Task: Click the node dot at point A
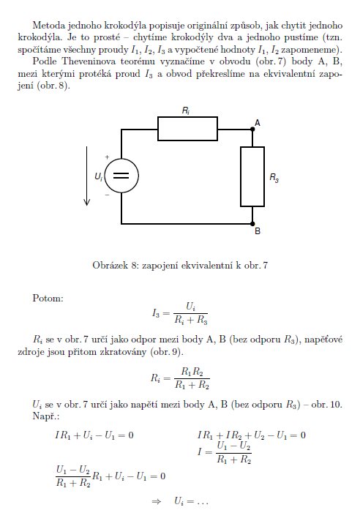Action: click(x=252, y=129)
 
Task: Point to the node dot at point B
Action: click(x=252, y=224)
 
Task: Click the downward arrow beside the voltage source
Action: click(x=86, y=176)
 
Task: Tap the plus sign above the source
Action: click(x=107, y=157)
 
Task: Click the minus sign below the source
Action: click(x=107, y=195)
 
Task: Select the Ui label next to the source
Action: click(x=99, y=176)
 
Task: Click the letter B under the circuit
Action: click(x=258, y=231)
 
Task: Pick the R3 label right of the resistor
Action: click(x=274, y=178)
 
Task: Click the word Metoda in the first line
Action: click(x=50, y=26)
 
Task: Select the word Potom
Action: click(x=48, y=298)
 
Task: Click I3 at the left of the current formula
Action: click(x=156, y=313)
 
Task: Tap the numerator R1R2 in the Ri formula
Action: click(x=192, y=372)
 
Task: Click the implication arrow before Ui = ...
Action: click(x=156, y=501)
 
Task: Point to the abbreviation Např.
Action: click(x=46, y=416)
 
